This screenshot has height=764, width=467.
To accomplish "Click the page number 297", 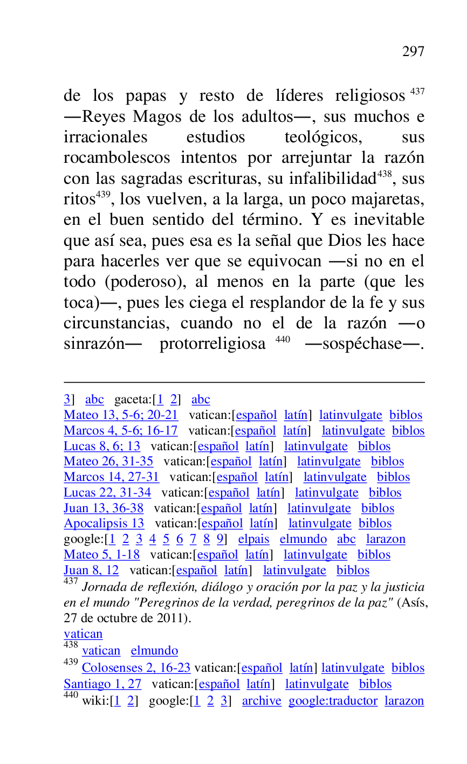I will (x=413, y=52).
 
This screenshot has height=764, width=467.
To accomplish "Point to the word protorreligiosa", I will (x=212, y=344).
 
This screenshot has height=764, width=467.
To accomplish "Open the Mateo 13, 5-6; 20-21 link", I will (x=121, y=415).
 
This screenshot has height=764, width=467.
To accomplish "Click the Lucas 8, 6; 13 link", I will (x=102, y=446).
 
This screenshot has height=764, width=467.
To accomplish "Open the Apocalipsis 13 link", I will (x=104, y=524).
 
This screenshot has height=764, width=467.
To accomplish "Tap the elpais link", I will (x=253, y=539).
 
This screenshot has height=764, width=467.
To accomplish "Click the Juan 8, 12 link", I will (x=91, y=570).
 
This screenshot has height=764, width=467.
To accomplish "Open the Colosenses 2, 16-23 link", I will (x=136, y=668).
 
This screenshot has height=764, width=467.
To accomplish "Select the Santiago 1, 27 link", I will (x=102, y=684).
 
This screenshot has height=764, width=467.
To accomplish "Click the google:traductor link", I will (x=333, y=701).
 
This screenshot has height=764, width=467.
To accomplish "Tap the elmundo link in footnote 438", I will (x=154, y=651).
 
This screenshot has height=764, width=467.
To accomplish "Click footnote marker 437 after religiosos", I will (x=417, y=92).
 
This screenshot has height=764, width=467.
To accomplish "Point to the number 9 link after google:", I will (x=220, y=539).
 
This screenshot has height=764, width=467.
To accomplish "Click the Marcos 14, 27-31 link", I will (x=112, y=477).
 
